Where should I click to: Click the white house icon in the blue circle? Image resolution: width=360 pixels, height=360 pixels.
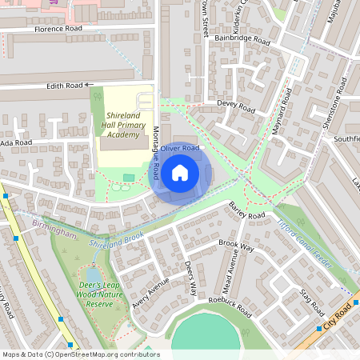coord(180,172)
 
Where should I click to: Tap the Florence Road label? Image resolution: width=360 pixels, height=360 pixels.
coord(58,29)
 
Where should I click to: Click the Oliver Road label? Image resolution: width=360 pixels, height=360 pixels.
coord(179,148)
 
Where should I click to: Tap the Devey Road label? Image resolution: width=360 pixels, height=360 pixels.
coord(236,105)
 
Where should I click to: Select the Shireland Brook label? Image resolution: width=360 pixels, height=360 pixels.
coord(117,238)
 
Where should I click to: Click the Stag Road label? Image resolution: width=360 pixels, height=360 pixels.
coord(311,303)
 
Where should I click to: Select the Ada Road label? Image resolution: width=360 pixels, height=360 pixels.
coord(16,142)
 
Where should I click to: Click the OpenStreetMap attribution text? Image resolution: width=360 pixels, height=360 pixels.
coord(80,354)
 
